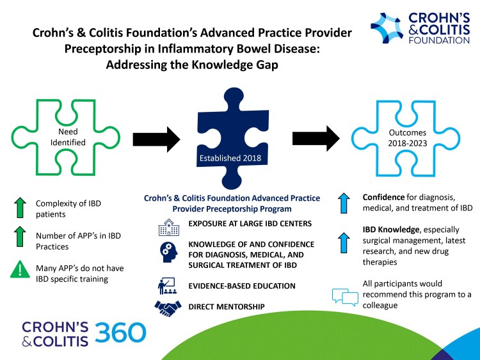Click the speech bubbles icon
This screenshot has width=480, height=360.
click(345, 295)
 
